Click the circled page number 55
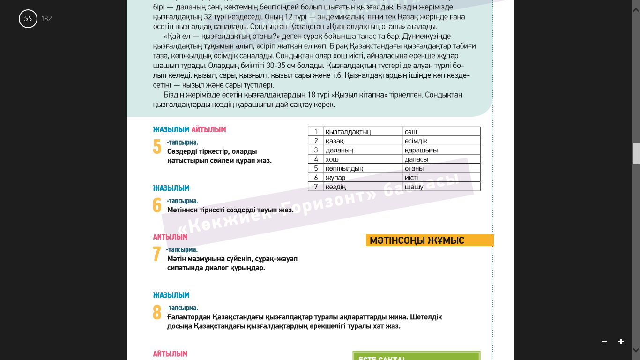[x=28, y=19]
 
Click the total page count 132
[x=46, y=19]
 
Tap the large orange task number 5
[x=157, y=147]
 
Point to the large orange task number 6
[x=157, y=205]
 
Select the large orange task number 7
[x=157, y=254]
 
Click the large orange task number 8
[x=157, y=312]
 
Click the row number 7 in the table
[x=316, y=187]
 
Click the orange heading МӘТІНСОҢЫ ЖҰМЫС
[x=417, y=240]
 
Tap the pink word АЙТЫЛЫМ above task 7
[x=170, y=237]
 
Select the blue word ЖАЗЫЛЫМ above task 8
[x=171, y=295]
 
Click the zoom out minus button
[x=604, y=341]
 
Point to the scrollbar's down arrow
[x=636, y=350]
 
